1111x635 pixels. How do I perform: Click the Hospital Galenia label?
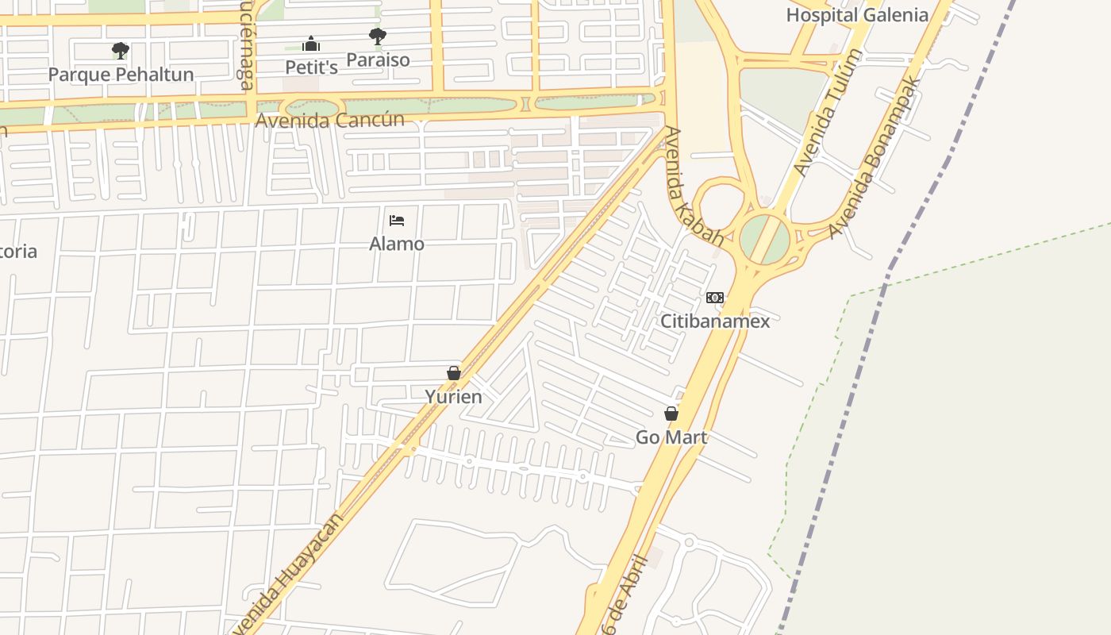[x=857, y=15]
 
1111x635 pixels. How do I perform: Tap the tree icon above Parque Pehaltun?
[x=121, y=52]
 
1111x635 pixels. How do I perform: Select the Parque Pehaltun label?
[x=121, y=75]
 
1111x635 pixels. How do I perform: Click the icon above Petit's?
[x=311, y=44]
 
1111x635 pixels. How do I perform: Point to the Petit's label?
[x=311, y=67]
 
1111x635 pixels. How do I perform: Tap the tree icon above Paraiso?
[x=378, y=37]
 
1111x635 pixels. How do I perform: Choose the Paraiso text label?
[x=379, y=60]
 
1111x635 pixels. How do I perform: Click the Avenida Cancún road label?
[x=330, y=120]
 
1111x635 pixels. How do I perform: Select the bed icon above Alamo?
[x=397, y=220]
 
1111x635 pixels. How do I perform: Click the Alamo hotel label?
[x=397, y=244]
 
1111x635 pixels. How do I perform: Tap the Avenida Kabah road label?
[x=694, y=187]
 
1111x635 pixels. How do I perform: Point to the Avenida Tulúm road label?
[x=828, y=113]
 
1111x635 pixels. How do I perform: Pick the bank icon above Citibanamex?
[x=715, y=298]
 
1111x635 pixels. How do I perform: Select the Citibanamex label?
[x=715, y=321]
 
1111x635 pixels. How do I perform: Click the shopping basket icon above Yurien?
[x=454, y=373]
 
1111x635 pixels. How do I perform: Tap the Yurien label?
[x=454, y=396]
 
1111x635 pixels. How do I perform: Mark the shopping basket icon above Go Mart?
[x=671, y=414]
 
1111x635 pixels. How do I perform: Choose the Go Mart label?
[x=671, y=437]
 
